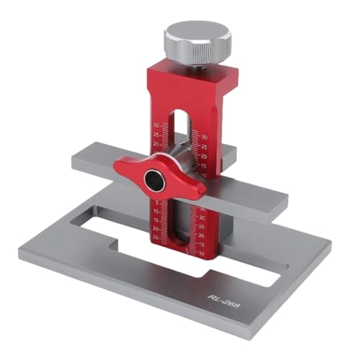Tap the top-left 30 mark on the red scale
coord(157,124)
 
